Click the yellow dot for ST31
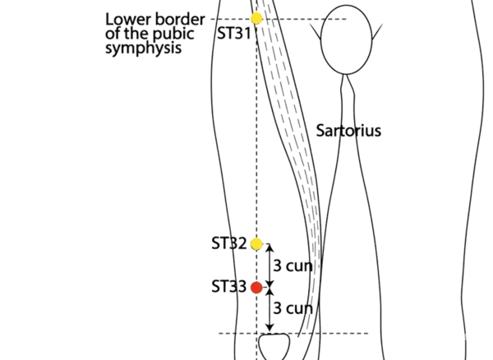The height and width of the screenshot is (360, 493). coord(257,17)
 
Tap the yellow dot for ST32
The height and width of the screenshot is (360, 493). coord(257,243)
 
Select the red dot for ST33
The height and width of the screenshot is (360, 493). coord(256,288)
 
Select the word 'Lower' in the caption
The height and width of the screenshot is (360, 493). coord(123,17)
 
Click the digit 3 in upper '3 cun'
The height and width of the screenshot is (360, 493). coord(276,265)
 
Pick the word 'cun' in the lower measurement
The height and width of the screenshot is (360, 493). coord(300,308)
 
